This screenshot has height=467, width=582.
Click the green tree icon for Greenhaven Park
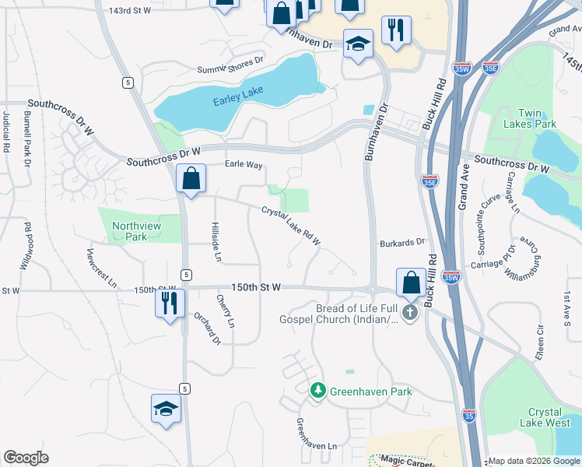pos(317,390)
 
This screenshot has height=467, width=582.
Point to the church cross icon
pos(410,312)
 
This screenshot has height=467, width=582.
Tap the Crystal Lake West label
pos(549,417)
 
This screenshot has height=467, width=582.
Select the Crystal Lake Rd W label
pos(291,225)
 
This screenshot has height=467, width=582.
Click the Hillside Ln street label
pos(218,241)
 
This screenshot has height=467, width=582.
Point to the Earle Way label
pos(244,165)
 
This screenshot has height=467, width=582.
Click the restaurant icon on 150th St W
pos(170,300)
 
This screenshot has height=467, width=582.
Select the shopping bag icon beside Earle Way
pos(191,178)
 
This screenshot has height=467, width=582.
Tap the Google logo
pos(26,458)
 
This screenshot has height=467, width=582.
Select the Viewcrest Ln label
pos(102,268)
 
